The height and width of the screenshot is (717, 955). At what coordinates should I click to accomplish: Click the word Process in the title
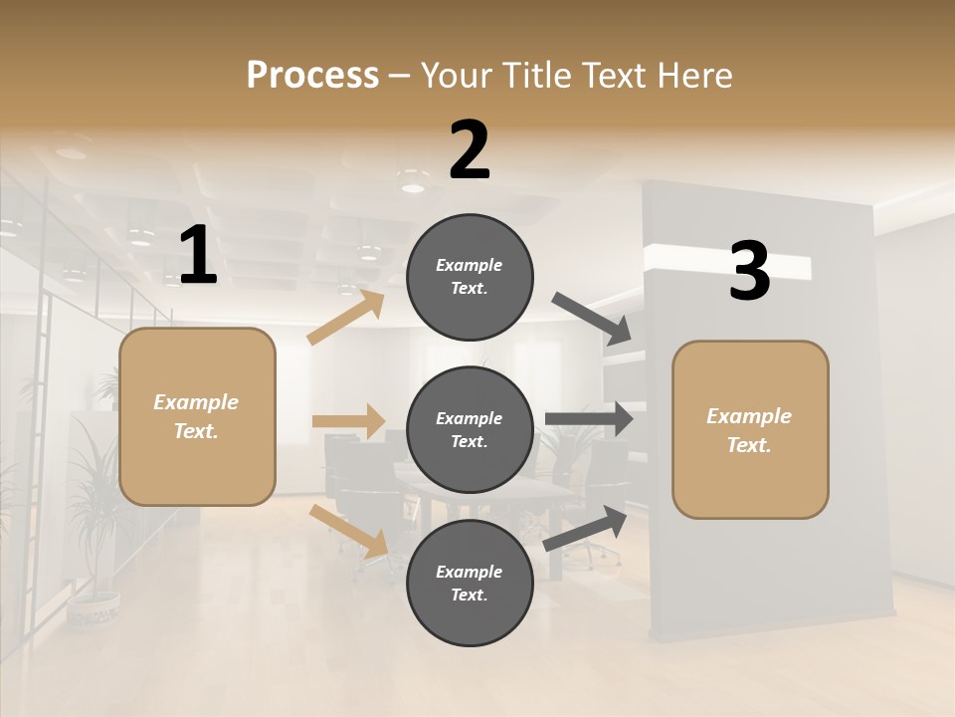[x=312, y=76]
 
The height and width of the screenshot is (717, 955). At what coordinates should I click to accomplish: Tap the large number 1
[x=198, y=256]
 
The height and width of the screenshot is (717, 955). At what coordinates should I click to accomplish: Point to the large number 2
[x=470, y=151]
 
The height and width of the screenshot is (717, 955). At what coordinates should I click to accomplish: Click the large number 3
[x=750, y=272]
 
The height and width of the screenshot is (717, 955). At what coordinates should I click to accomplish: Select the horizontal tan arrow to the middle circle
[x=348, y=421]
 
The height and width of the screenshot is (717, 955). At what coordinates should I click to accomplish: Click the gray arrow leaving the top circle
[x=592, y=319]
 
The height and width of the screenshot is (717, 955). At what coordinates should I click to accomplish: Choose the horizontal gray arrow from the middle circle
[x=589, y=418]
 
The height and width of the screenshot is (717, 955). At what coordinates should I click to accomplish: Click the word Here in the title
[x=695, y=76]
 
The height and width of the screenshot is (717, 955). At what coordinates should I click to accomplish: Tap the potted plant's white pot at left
[x=94, y=608]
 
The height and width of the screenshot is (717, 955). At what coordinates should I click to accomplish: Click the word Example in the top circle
[x=470, y=265]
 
